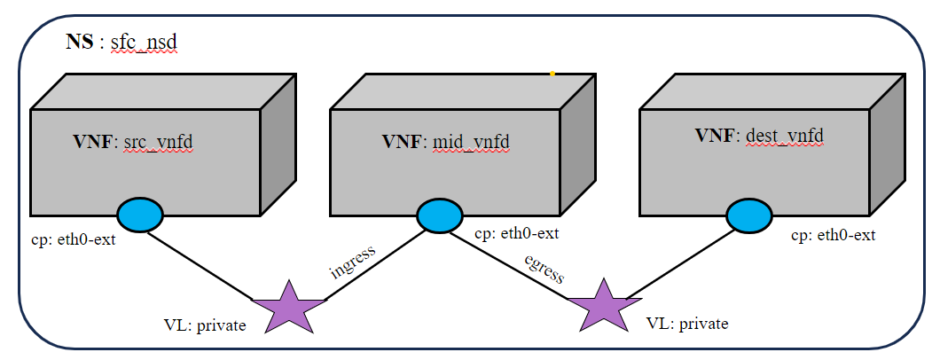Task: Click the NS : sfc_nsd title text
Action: (122, 43)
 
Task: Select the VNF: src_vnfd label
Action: (133, 141)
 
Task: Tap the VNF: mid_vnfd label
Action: (446, 141)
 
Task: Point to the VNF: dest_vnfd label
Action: (759, 136)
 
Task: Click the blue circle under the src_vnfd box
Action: (140, 215)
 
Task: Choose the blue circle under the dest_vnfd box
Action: (749, 215)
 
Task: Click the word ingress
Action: (353, 259)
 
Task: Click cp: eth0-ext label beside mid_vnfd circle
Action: (517, 234)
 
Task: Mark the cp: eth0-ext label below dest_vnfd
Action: (833, 235)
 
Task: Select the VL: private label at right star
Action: (687, 324)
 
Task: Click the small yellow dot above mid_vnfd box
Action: (552, 74)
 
